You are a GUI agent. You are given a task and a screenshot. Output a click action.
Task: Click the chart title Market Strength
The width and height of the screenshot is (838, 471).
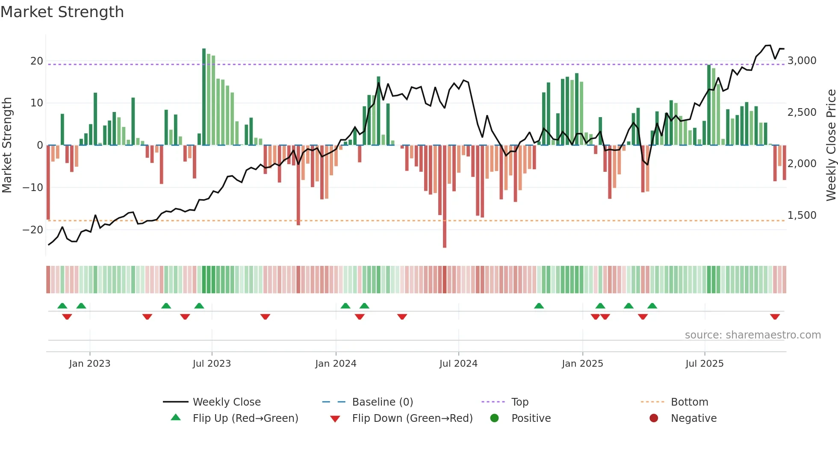point(62,12)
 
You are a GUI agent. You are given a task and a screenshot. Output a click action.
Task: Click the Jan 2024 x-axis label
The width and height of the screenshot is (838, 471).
point(336,364)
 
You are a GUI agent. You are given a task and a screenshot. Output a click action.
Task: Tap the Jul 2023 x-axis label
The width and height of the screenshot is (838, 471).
point(212,364)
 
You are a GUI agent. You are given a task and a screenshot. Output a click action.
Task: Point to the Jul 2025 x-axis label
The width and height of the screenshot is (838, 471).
point(704,364)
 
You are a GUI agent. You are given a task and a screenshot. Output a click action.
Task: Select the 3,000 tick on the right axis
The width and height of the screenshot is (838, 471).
point(802,61)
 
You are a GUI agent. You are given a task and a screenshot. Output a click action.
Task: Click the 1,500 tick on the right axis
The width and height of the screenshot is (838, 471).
point(802,215)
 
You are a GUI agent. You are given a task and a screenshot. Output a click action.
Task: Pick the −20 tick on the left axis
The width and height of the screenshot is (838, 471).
point(33,230)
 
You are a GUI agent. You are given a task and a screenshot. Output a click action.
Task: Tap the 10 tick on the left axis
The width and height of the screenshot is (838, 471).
point(36,103)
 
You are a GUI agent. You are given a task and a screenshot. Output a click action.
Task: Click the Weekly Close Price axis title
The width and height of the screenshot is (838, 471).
point(831,145)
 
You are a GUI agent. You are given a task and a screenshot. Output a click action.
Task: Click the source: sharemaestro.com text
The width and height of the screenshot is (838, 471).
point(752,335)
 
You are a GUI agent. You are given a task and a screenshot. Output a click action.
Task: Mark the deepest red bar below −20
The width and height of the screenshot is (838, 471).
point(445,196)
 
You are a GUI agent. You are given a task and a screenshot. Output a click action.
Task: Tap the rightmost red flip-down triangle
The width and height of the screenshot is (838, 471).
point(775,317)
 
